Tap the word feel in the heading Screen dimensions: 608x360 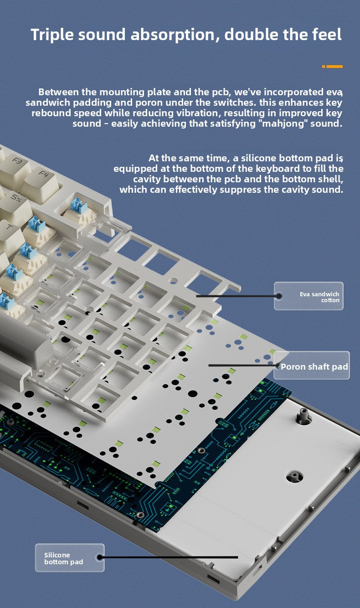(x=325, y=35)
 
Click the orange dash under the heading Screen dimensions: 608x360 (x=333, y=67)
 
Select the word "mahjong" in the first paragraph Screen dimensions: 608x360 (x=283, y=124)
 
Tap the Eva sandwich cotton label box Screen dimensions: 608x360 (x=309, y=296)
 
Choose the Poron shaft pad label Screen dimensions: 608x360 (x=314, y=366)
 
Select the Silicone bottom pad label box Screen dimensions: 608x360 (x=70, y=558)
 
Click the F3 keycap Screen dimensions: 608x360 (x=17, y=163)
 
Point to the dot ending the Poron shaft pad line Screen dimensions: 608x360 (x=278, y=365)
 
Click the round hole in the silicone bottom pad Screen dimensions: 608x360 (x=294, y=477)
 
